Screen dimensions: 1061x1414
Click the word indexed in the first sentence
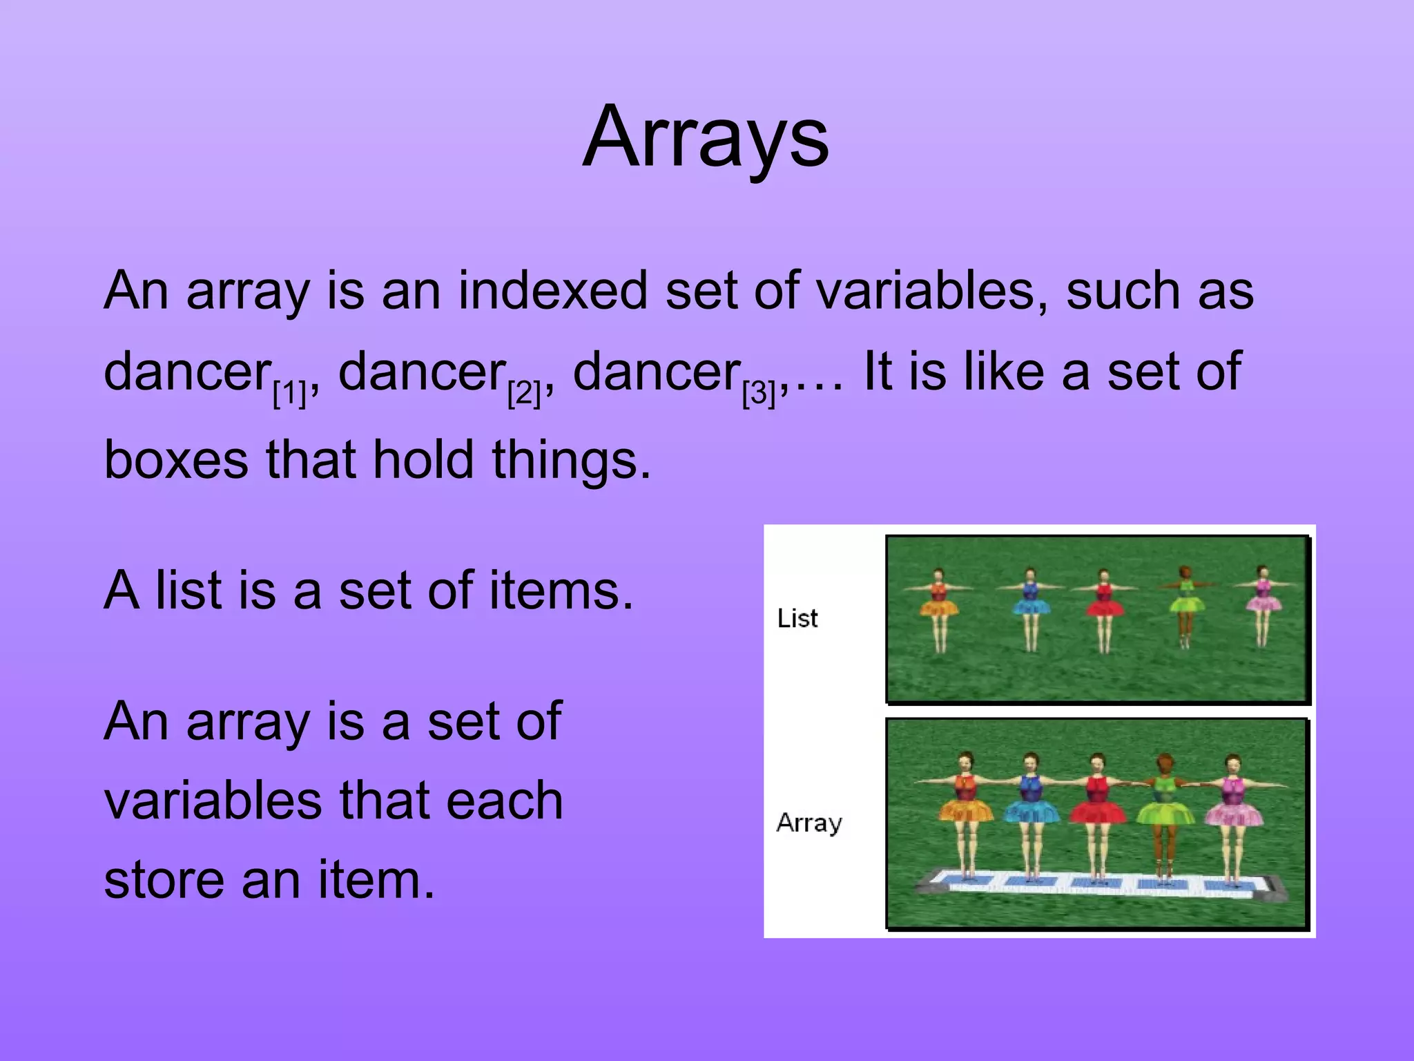tap(552, 290)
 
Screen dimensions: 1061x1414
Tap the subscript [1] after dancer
tap(289, 394)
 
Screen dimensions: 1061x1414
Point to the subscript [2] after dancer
tap(524, 394)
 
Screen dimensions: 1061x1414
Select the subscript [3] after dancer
tap(759, 394)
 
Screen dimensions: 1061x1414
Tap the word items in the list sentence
tap(561, 591)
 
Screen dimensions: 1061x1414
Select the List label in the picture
tap(797, 618)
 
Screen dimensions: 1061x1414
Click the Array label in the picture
tap(809, 823)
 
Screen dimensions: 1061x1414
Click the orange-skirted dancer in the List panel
tap(939, 608)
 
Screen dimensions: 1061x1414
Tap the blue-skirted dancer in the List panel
tap(1030, 608)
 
